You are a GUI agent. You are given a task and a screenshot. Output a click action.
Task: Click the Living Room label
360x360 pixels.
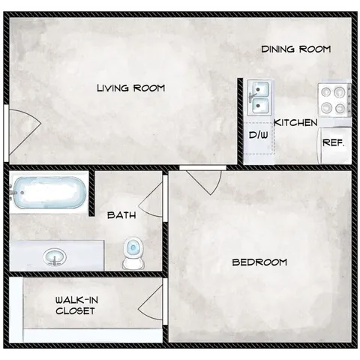coord(130,88)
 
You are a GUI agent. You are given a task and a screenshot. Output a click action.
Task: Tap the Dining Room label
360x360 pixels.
coord(296,49)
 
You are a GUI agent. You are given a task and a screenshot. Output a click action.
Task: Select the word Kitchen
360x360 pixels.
coord(295,122)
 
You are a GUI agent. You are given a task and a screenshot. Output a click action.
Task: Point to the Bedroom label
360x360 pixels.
coord(259,262)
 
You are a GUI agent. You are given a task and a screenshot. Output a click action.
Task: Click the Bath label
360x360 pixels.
coord(121,215)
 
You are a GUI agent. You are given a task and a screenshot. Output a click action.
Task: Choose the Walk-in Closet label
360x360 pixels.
coord(75,305)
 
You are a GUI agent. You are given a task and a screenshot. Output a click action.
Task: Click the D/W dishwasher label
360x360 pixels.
coord(259,136)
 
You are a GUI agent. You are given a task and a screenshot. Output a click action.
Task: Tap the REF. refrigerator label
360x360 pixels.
coord(333,142)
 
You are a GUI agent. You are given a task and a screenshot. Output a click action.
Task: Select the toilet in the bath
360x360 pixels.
coord(133,253)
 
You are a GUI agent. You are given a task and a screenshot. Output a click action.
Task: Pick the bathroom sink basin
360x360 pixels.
coord(55,256)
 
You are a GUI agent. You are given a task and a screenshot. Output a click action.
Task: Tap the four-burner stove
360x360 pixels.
coord(335,98)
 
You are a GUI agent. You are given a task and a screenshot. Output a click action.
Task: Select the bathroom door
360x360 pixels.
coord(154,196)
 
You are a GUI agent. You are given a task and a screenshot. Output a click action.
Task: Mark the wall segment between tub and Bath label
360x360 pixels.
coord(91,193)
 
